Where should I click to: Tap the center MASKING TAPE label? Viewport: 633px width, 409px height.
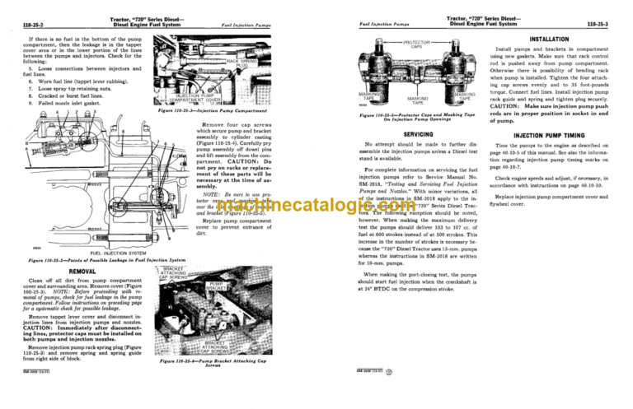pos(418,100)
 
